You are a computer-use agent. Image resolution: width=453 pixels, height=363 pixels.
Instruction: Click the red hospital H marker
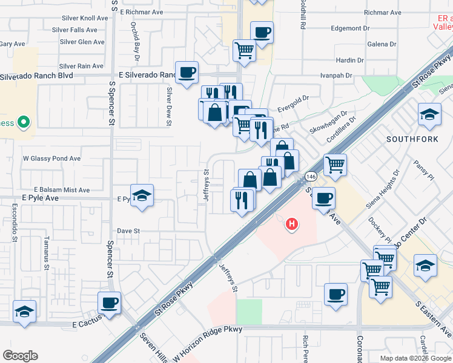click(x=292, y=225)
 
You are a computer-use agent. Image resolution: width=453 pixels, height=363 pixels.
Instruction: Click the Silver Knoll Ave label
click(x=79, y=18)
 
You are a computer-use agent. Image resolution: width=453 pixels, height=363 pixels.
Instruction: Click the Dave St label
click(x=128, y=231)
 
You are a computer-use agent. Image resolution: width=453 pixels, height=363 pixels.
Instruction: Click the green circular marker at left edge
click(x=24, y=123)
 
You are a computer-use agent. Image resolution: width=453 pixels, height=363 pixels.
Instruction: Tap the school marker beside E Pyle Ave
click(x=142, y=195)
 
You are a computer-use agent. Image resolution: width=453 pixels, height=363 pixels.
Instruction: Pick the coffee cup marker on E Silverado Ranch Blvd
click(x=187, y=73)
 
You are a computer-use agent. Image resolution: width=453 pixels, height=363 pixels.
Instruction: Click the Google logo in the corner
click(x=20, y=356)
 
